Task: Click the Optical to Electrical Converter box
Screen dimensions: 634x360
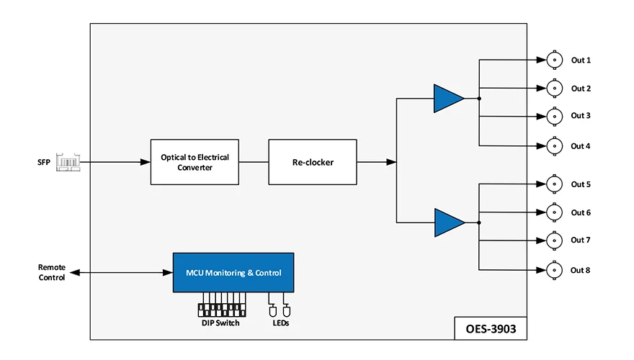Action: point(195,162)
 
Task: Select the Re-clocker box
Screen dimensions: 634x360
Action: point(313,162)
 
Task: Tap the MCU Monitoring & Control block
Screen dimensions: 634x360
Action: point(233,273)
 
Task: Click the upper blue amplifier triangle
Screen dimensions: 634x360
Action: point(449,99)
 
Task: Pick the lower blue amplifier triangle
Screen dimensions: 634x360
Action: point(450,222)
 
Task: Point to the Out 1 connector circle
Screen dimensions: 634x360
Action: point(554,60)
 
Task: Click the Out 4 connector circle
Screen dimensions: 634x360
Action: point(554,146)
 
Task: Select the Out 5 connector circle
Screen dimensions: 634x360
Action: point(554,184)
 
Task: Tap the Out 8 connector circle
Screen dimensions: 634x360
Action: point(554,270)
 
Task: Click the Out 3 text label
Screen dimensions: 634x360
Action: point(581,115)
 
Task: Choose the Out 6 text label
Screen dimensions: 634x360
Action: point(581,212)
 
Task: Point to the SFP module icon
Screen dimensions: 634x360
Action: point(68,163)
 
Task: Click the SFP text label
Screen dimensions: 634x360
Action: point(44,163)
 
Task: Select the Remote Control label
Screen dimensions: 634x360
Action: point(52,272)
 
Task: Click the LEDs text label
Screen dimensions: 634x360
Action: point(280,323)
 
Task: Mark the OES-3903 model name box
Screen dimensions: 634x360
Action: point(491,328)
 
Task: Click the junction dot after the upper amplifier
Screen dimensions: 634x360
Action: point(479,99)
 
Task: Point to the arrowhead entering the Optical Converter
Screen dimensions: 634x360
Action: point(145,162)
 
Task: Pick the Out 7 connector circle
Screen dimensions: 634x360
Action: point(554,240)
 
